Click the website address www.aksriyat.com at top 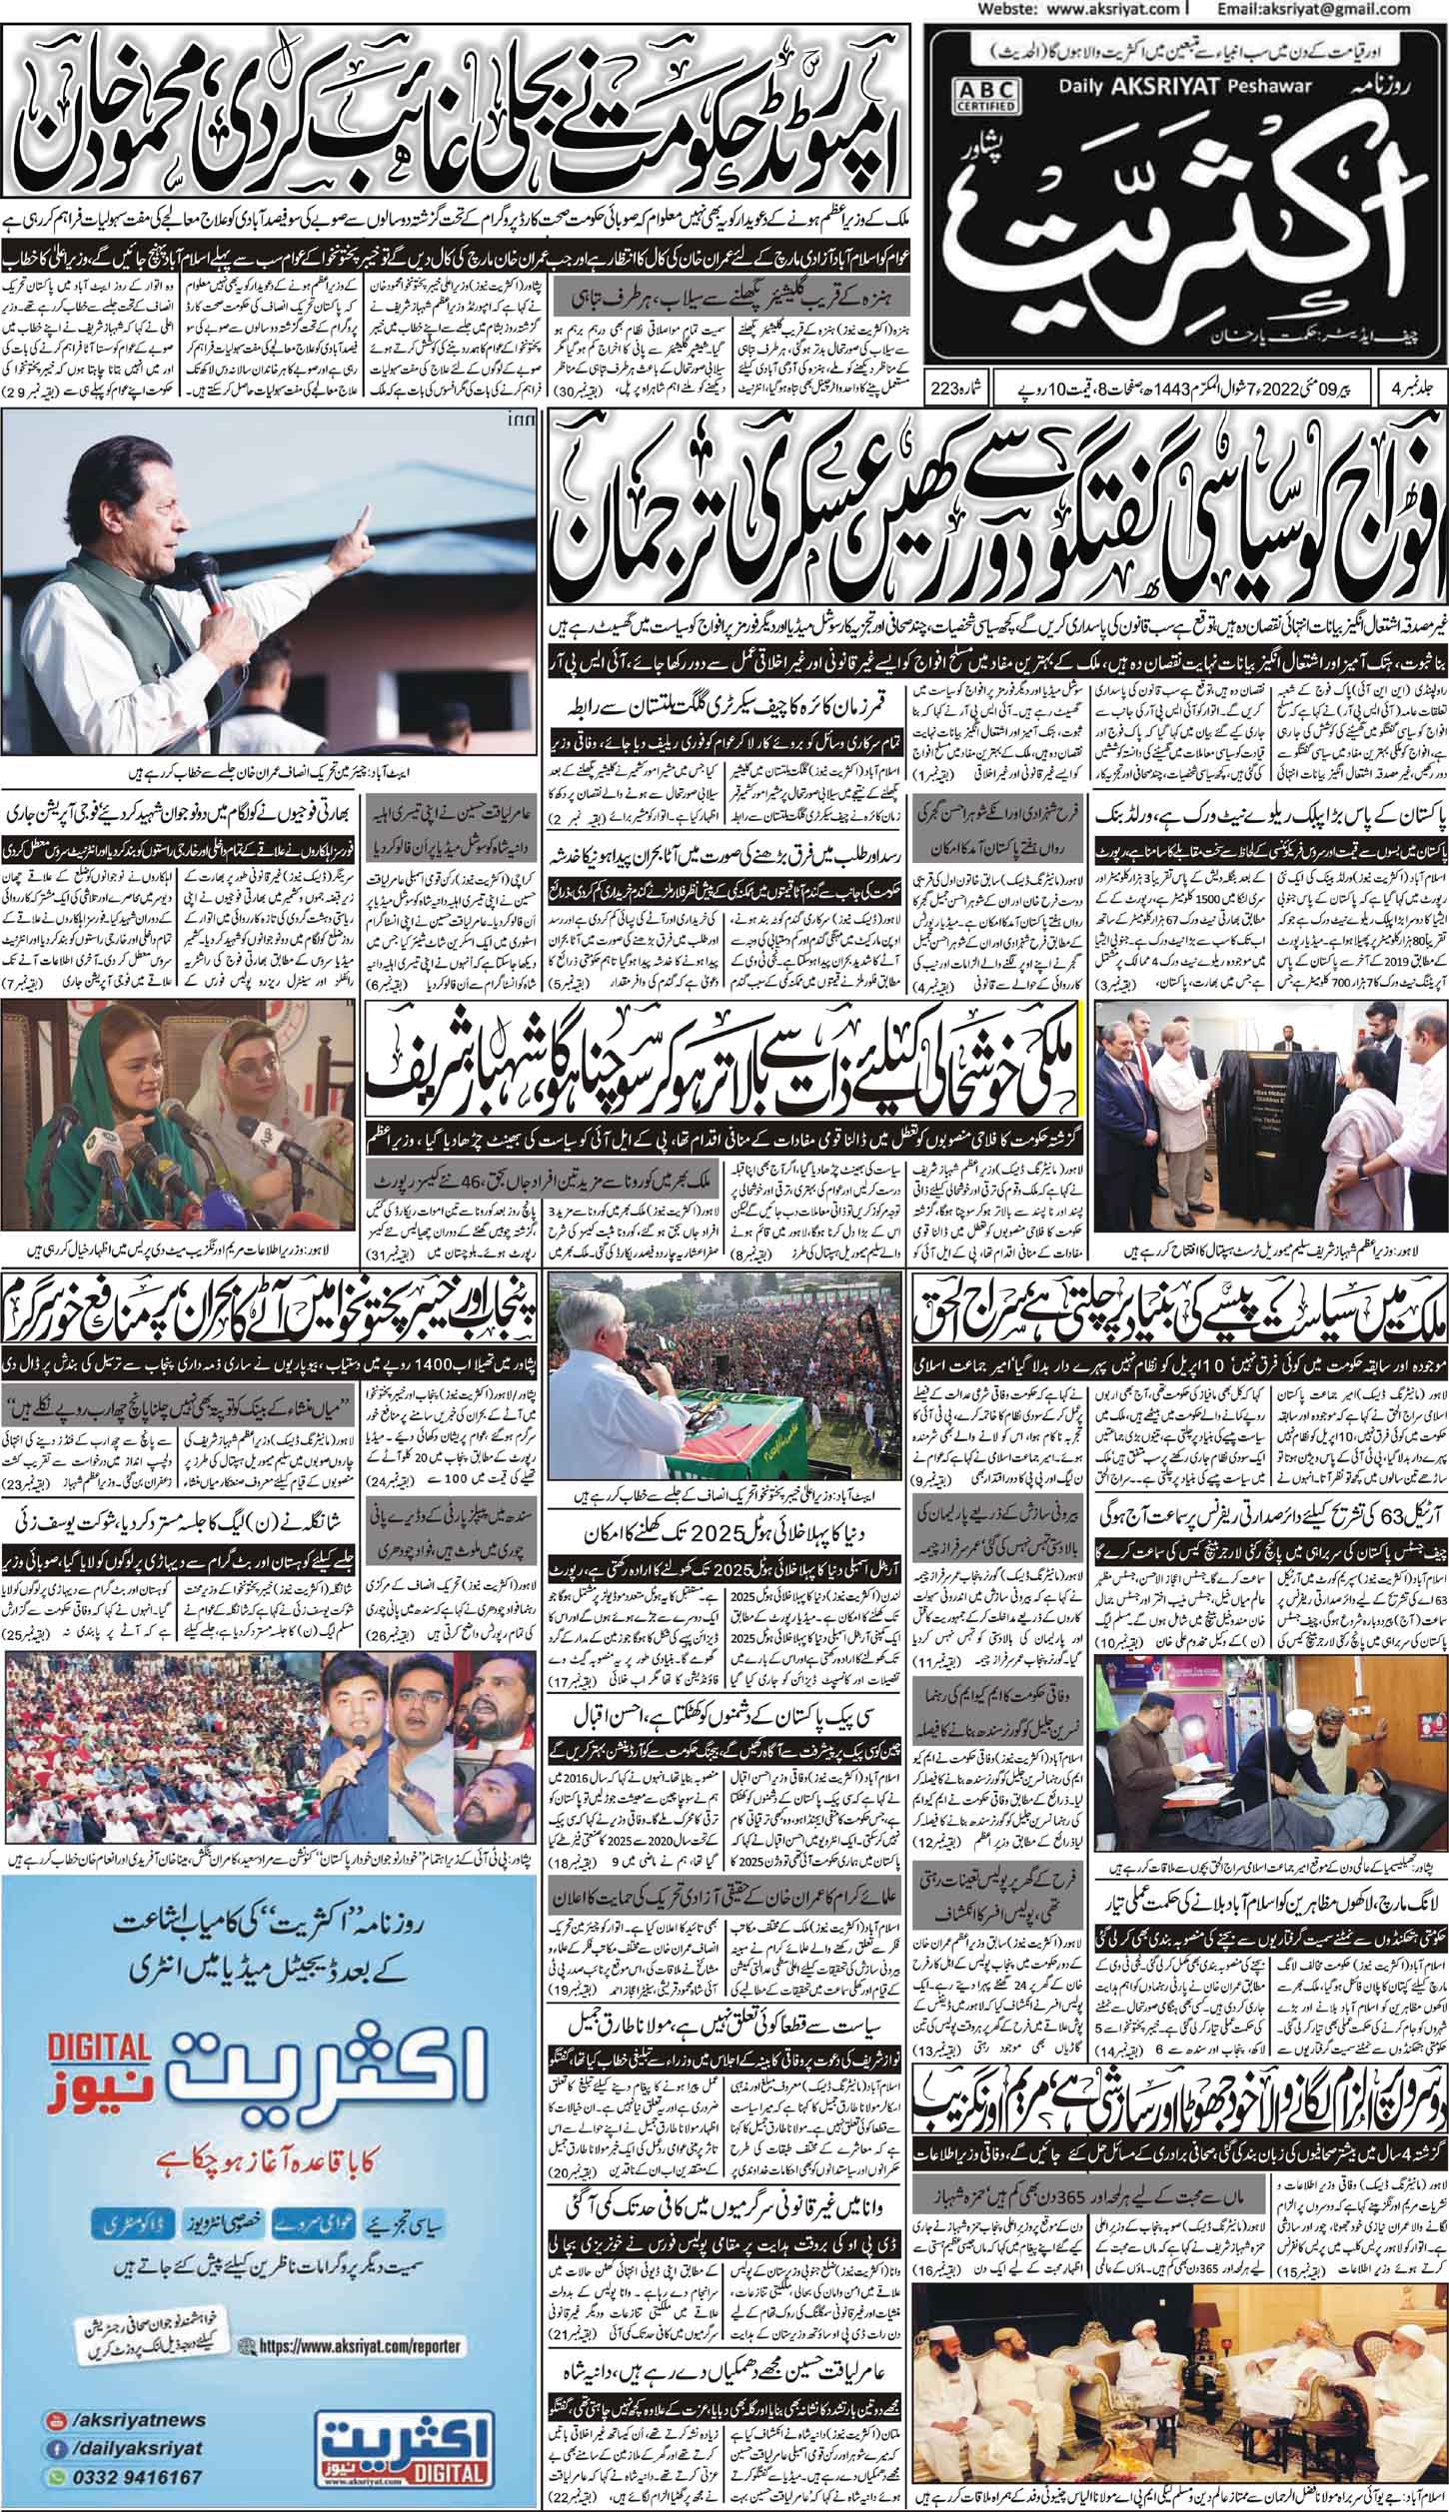[x=1090, y=8]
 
